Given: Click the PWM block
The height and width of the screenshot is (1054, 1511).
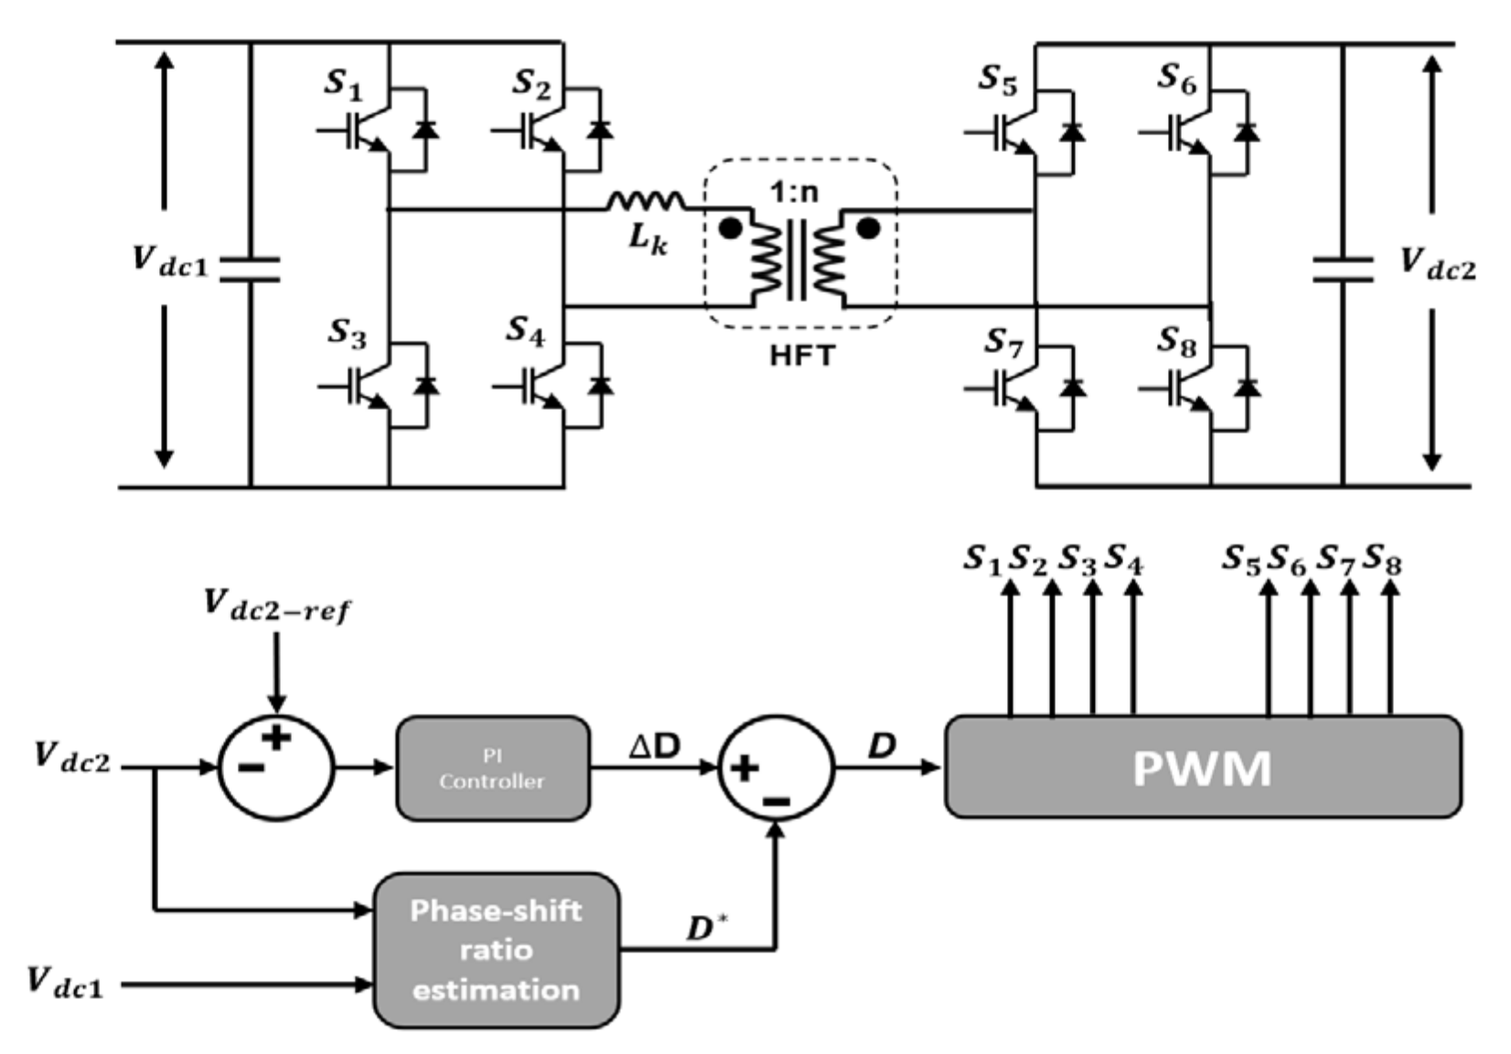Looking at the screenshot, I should click(x=1202, y=767).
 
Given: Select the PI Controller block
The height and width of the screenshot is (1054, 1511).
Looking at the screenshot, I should click(x=492, y=769).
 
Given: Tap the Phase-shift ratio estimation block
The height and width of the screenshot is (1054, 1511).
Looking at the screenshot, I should click(x=496, y=950).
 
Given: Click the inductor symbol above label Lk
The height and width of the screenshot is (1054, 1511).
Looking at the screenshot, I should click(x=645, y=199).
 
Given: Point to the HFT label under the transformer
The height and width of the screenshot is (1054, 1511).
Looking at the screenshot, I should click(x=801, y=355).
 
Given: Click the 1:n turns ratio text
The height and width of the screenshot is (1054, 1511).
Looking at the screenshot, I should click(x=793, y=193).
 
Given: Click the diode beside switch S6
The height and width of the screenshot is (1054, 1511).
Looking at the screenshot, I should click(x=1245, y=132).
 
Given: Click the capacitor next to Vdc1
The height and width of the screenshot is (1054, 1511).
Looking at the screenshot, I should click(x=250, y=267).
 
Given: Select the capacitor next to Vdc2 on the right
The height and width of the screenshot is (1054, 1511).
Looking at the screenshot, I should click(x=1342, y=269).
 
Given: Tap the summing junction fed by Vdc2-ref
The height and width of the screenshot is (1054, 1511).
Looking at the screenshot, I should click(x=276, y=767).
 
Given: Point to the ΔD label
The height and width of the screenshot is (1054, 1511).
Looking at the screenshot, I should click(x=655, y=746).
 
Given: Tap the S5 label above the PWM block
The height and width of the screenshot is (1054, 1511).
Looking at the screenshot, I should click(x=1241, y=560).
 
